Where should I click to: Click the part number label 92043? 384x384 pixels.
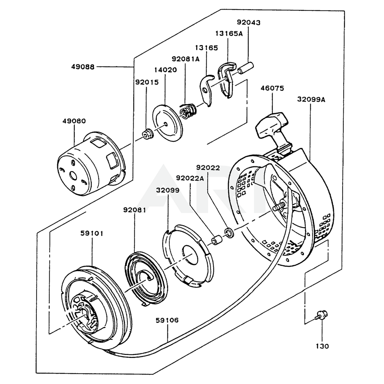(x=248, y=22)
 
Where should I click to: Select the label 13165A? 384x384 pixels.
(x=229, y=33)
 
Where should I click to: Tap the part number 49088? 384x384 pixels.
(x=83, y=66)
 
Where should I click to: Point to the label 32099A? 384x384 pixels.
(x=311, y=99)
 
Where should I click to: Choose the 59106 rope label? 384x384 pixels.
(x=167, y=320)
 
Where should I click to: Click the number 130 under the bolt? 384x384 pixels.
(x=322, y=346)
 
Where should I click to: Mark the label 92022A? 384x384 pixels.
(x=190, y=178)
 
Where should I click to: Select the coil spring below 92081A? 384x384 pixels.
(x=188, y=111)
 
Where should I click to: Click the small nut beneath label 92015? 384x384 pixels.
(x=148, y=134)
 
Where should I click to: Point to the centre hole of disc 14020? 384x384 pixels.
(x=166, y=124)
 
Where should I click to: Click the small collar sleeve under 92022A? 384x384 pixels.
(x=216, y=240)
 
